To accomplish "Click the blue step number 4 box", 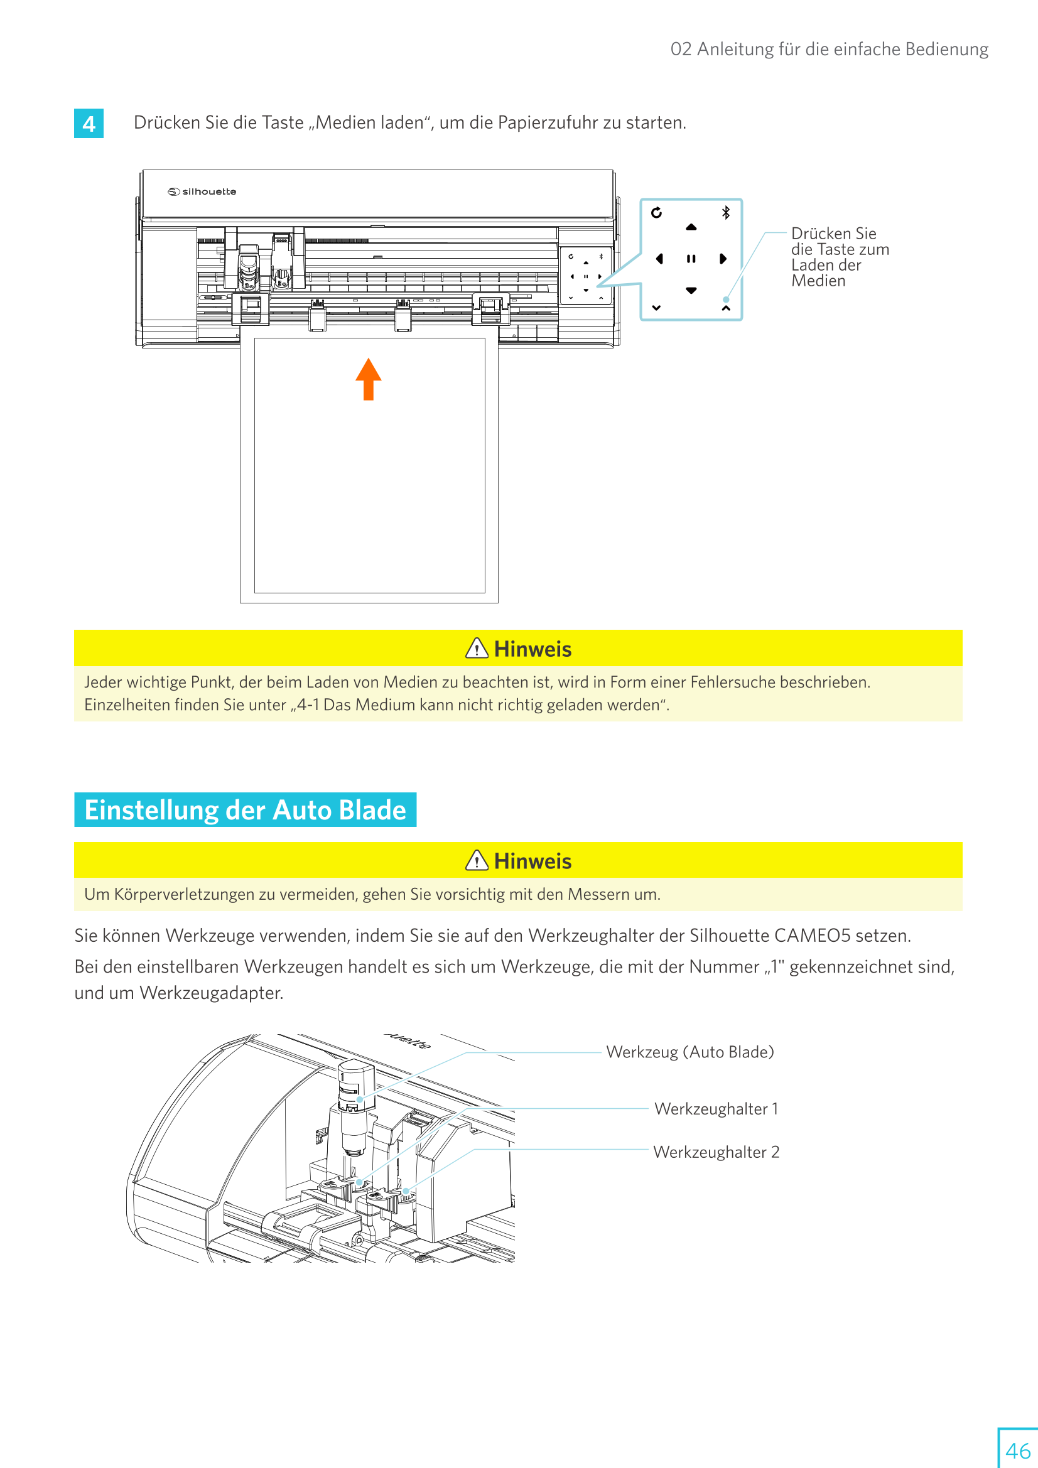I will [89, 124].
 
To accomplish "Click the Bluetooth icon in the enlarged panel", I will [726, 212].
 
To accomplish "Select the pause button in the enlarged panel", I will [691, 259].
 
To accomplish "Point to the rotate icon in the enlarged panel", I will [656, 212].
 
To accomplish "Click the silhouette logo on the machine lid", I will [202, 192].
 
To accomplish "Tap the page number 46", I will [1017, 1450].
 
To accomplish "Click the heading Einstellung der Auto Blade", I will [245, 810].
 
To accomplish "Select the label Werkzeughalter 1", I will [716, 1109].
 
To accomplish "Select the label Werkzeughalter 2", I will [716, 1152].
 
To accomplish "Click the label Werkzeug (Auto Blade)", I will [689, 1052].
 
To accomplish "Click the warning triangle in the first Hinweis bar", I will [477, 649].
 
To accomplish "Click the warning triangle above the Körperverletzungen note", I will [477, 861].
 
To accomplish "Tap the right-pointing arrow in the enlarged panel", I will [723, 259].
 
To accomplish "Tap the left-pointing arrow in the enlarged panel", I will [659, 259].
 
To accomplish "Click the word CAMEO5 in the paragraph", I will [812, 936].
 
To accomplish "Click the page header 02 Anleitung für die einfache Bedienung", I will [829, 49].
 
